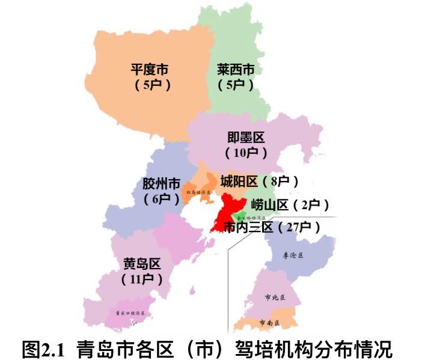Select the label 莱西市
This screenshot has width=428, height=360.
(x=235, y=69)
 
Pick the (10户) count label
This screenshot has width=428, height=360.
(x=246, y=153)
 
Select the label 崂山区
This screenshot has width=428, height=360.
(x=270, y=205)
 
